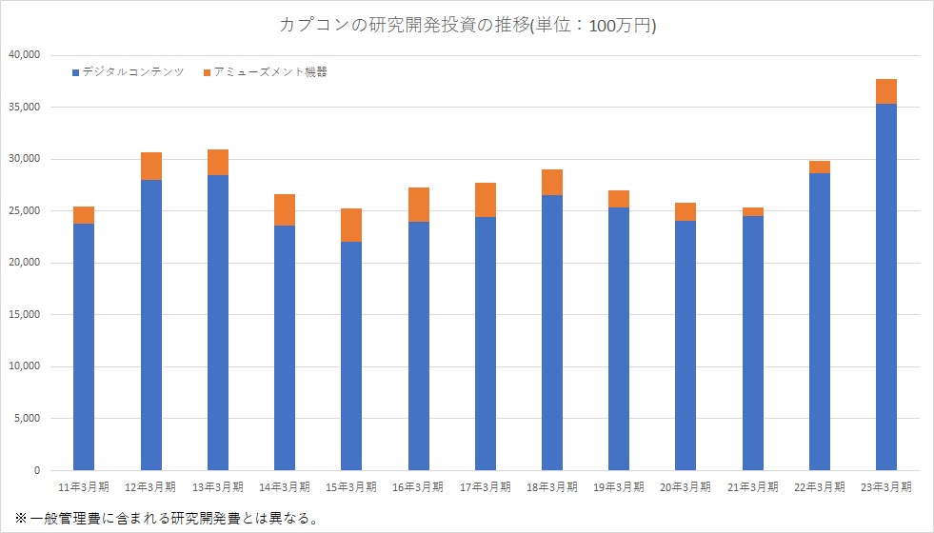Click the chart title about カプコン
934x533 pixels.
pyautogui.click(x=467, y=26)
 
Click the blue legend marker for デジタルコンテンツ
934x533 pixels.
pyautogui.click(x=76, y=72)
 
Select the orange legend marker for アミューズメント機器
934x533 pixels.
pyautogui.click(x=207, y=72)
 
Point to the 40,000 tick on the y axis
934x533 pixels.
pyautogui.click(x=23, y=55)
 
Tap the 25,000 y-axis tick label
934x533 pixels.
pyautogui.click(x=23, y=210)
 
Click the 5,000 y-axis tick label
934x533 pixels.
pyautogui.click(x=26, y=418)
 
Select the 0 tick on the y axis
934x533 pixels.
pyautogui.click(x=36, y=470)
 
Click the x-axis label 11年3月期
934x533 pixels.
pyautogui.click(x=84, y=486)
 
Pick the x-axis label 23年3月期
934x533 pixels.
pyautogui.click(x=886, y=486)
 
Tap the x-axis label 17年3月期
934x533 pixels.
pyautogui.click(x=485, y=486)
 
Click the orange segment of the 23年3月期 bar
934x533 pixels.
pyautogui.click(x=886, y=91)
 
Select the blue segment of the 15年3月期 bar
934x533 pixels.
pyautogui.click(x=351, y=356)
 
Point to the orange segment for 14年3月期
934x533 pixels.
pyautogui.click(x=285, y=209)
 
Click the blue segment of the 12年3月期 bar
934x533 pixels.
pyautogui.click(x=151, y=325)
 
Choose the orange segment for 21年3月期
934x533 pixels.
pyautogui.click(x=752, y=211)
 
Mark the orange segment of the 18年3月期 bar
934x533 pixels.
pyautogui.click(x=552, y=182)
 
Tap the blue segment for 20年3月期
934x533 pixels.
pyautogui.click(x=686, y=345)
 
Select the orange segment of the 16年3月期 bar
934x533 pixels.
pyautogui.click(x=418, y=205)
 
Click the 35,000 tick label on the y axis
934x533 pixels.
pyautogui.click(x=23, y=107)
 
